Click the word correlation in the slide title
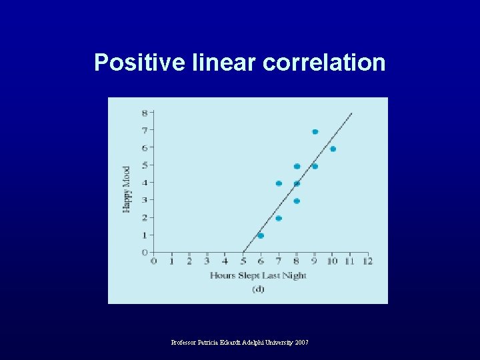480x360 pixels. point(324,62)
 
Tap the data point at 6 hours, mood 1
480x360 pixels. point(261,235)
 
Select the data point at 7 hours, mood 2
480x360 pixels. point(279,218)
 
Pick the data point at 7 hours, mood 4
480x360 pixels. point(279,183)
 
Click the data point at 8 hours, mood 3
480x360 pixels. point(297,201)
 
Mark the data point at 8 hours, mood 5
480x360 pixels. point(297,166)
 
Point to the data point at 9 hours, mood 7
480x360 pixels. point(315,132)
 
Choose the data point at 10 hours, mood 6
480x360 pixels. point(333,149)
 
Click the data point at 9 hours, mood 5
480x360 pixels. point(315,166)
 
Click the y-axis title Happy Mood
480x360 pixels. point(126,189)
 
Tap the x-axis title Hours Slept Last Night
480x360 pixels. point(258,275)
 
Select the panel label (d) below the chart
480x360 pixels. point(258,289)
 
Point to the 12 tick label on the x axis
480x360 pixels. point(367,261)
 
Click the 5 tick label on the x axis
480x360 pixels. point(243,261)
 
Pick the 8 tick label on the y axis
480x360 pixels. point(145,113)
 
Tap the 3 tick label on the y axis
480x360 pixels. point(145,199)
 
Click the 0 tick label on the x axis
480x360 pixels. point(154,261)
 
